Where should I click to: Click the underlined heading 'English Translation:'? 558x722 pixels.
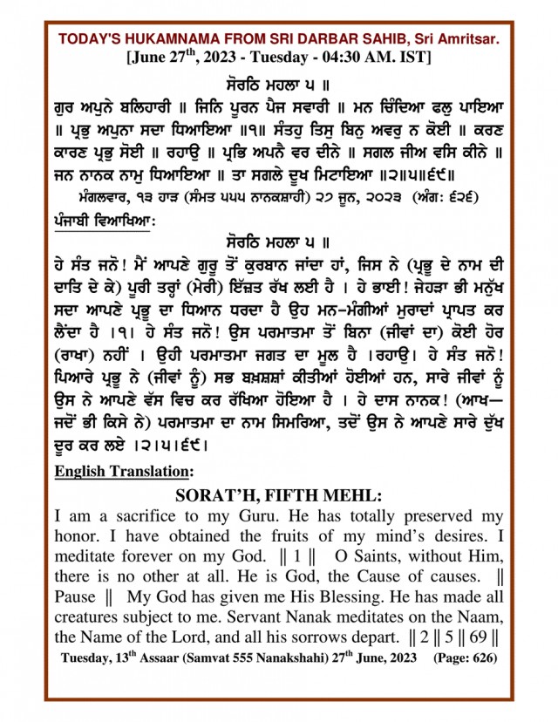tap(123, 472)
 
